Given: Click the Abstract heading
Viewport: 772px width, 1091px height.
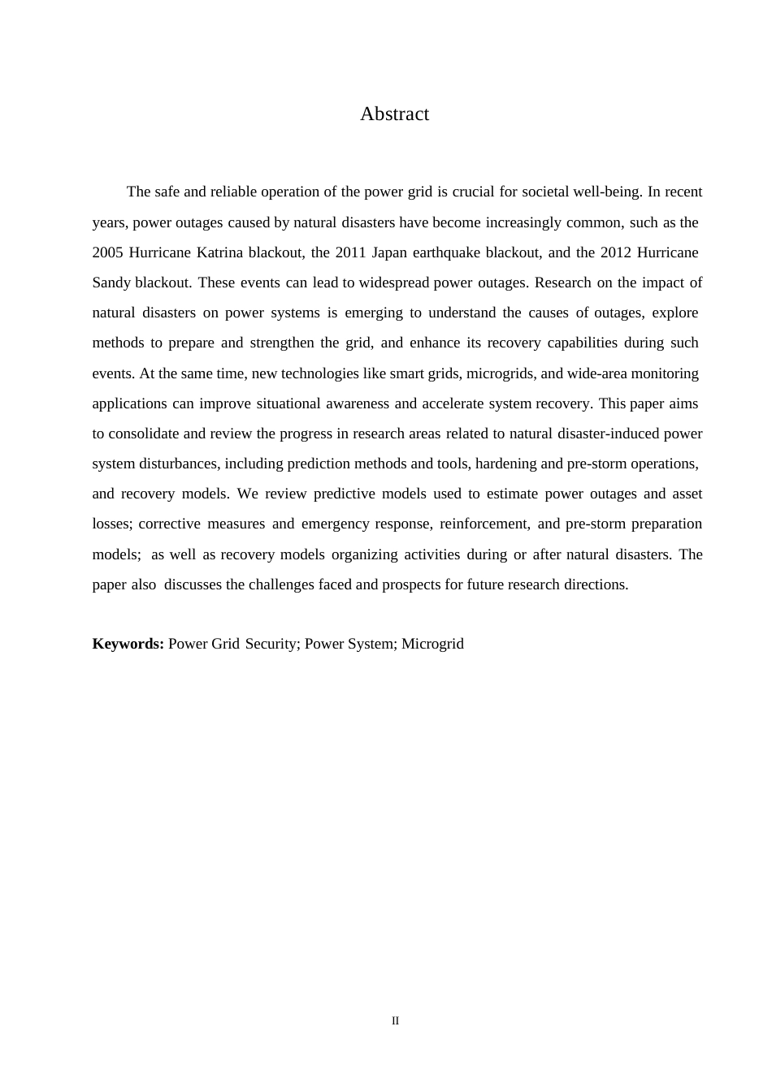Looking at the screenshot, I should [394, 114].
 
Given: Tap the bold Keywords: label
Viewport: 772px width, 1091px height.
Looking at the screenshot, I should [128, 644].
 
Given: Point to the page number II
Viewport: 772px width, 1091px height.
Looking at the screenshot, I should [395, 1021].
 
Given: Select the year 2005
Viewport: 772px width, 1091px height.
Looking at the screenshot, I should [107, 252].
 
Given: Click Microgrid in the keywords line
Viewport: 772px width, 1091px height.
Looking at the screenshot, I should [432, 644].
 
